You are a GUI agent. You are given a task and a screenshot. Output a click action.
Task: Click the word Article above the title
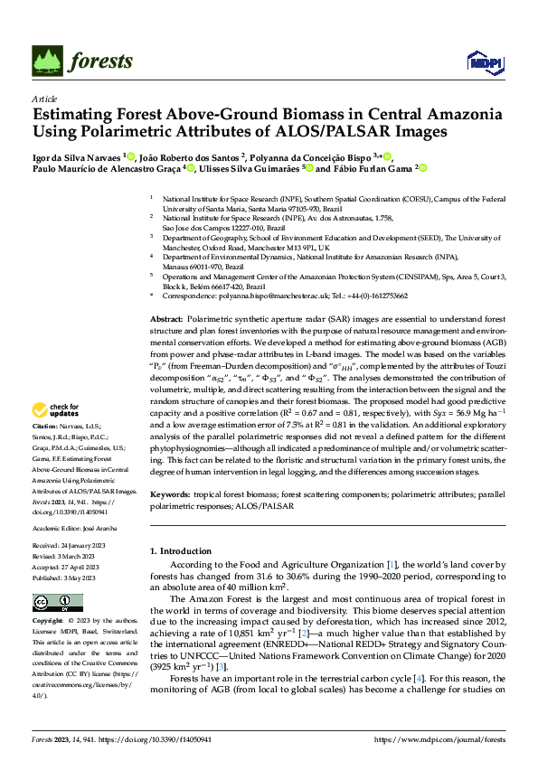pyautogui.click(x=44, y=99)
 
